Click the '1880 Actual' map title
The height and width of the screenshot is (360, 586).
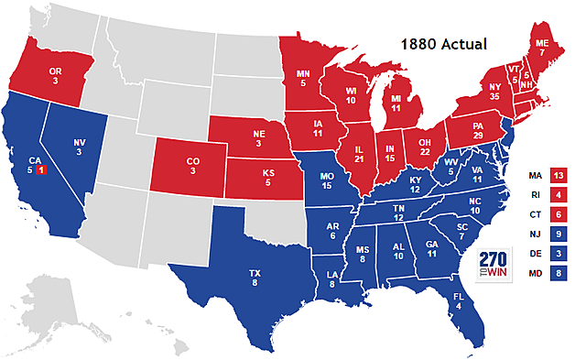pyautogui.click(x=448, y=43)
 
